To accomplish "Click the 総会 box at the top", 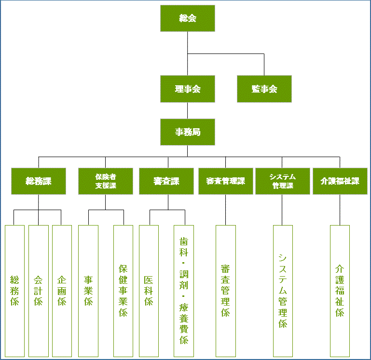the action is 188,18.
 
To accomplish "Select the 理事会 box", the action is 188,89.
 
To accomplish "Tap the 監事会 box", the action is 264,89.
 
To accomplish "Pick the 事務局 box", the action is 188,132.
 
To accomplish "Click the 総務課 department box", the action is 39,181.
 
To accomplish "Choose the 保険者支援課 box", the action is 106,181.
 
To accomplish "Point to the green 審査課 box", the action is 166,181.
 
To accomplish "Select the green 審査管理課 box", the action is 226,181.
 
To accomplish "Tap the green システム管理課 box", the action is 283,181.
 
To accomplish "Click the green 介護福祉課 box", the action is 340,181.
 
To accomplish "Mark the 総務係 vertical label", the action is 14,291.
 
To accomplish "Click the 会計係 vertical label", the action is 39,291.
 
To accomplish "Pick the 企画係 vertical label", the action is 62,291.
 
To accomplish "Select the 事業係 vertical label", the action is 88,291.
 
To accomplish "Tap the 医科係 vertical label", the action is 149,291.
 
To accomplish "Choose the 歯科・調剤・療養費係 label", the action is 184,291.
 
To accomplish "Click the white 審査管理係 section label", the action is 226,291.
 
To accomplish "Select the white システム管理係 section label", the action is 283,291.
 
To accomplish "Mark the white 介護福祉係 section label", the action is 340,291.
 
